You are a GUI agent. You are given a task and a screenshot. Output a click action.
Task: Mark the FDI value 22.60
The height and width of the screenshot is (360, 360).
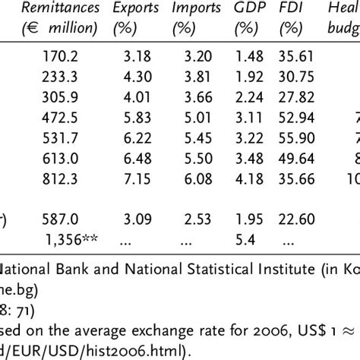(296, 238)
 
